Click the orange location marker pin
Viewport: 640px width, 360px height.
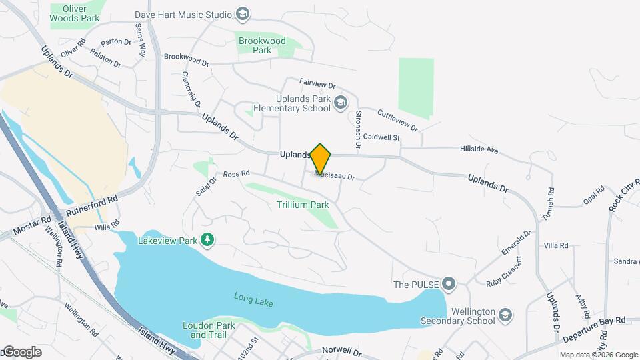pyautogui.click(x=321, y=159)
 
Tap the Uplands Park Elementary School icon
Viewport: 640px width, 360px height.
pyautogui.click(x=341, y=102)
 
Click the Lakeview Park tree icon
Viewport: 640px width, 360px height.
pyautogui.click(x=207, y=239)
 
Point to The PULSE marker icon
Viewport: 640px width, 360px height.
pyautogui.click(x=449, y=285)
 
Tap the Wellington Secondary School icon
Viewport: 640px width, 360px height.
pyautogui.click(x=506, y=313)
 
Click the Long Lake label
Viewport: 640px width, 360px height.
pyautogui.click(x=253, y=299)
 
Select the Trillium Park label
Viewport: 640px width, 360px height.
pyautogui.click(x=302, y=205)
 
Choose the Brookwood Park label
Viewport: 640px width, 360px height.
pyautogui.click(x=262, y=45)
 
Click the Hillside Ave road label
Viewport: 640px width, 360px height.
pyautogui.click(x=479, y=150)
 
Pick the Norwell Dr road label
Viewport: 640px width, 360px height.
pyautogui.click(x=341, y=351)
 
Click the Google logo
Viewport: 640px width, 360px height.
pyautogui.click(x=22, y=351)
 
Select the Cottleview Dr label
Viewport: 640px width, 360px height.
pyautogui.click(x=397, y=120)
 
